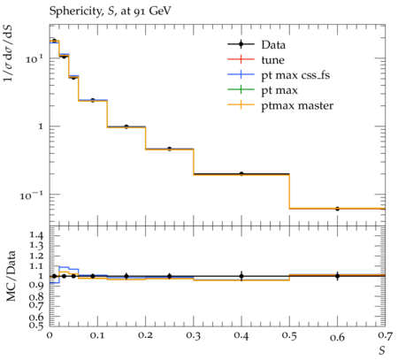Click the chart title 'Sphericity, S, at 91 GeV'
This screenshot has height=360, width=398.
(110, 11)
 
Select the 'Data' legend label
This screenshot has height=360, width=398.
(273, 45)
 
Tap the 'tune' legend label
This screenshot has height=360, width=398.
(272, 60)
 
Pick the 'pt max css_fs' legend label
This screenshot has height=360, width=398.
(295, 75)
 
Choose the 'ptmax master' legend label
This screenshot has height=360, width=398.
(297, 106)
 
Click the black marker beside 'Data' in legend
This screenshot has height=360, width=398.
(241, 44)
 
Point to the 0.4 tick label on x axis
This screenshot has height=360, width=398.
(241, 335)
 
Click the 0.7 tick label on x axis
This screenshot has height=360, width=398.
(386, 335)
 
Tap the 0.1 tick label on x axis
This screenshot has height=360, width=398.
(97, 335)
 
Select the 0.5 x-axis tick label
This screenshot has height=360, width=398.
(289, 335)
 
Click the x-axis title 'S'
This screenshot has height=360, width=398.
(382, 350)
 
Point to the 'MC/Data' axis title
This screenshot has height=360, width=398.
(11, 276)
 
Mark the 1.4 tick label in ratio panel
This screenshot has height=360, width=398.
(36, 235)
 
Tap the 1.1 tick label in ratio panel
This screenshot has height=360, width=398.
(36, 266)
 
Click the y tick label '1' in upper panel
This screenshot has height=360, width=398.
(40, 126)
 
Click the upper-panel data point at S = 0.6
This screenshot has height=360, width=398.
(337, 209)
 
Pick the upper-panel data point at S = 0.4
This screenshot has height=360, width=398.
(241, 174)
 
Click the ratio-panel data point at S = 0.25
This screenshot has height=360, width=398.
(169, 276)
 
